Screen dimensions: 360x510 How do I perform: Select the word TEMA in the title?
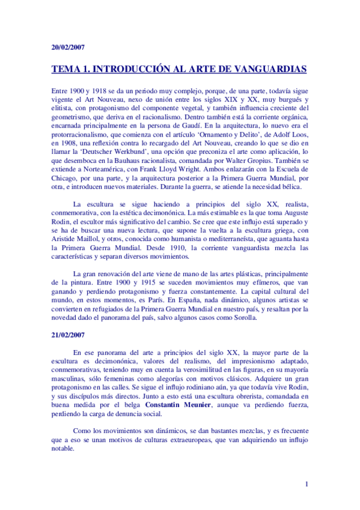[68, 69]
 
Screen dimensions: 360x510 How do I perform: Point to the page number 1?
[307, 484]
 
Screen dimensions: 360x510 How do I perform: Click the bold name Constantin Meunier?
[180, 406]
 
